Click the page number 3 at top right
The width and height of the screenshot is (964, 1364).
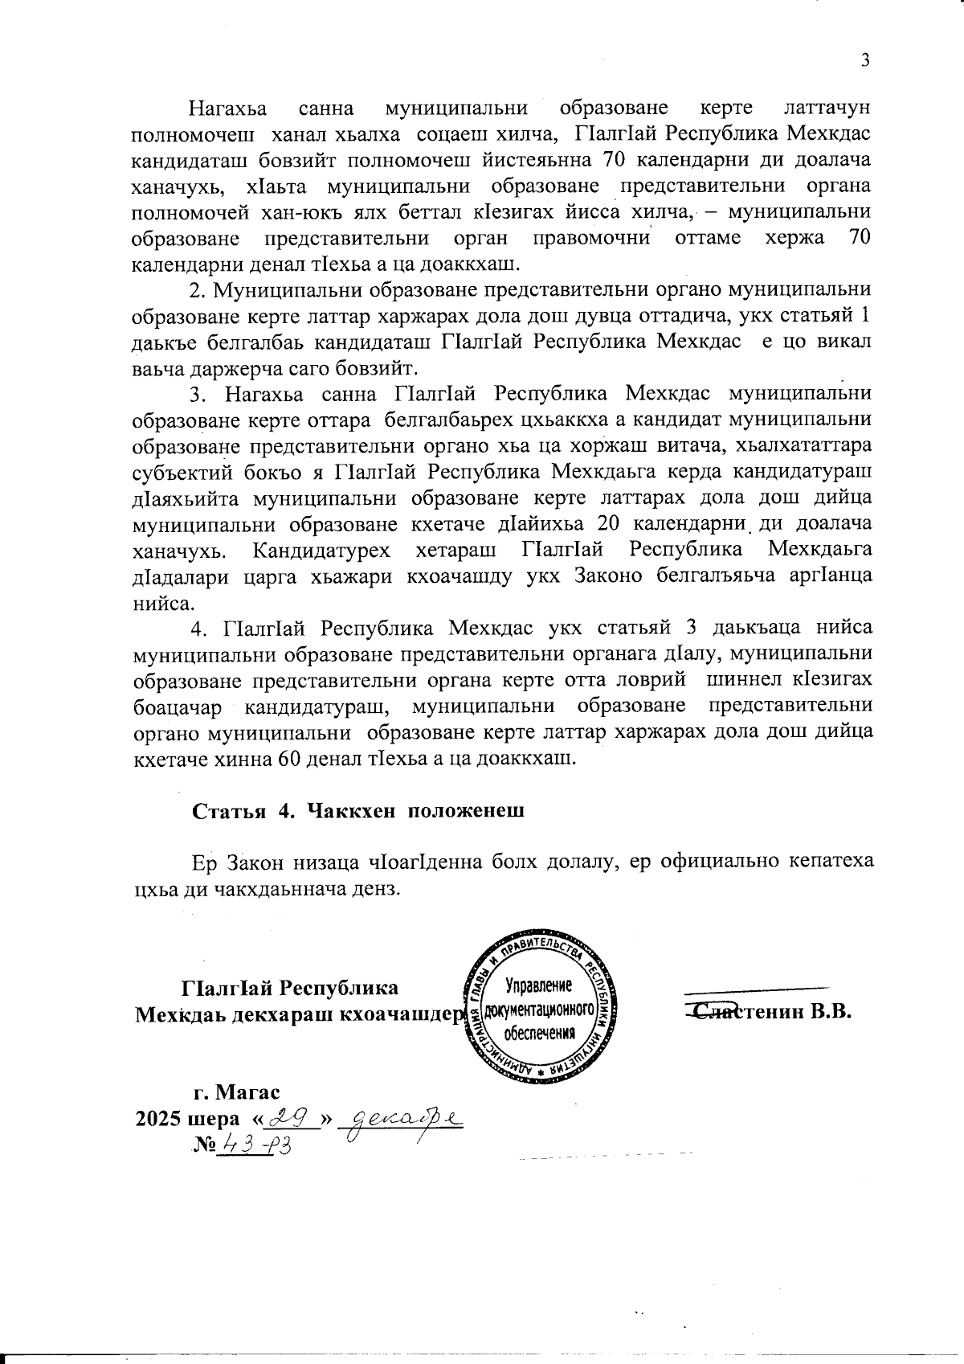[x=865, y=60]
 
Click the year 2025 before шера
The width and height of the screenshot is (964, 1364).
[x=158, y=1119]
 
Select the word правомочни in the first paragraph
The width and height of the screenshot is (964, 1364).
[x=591, y=238]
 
